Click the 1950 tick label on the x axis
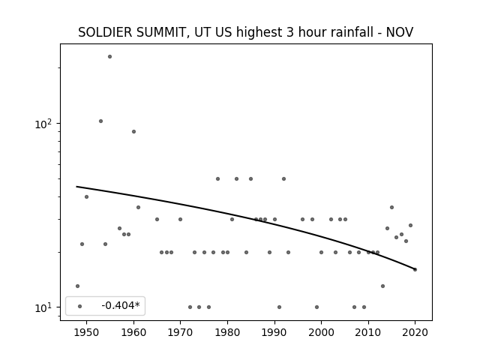[x=86, y=332]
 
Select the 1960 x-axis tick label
[x=133, y=332]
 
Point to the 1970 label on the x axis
[x=180, y=332]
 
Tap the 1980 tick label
[x=227, y=332]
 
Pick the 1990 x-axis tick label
[x=274, y=332]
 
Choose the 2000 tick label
[x=321, y=332]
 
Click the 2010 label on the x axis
[x=368, y=332]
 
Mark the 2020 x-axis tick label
[x=415, y=332]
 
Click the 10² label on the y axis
[x=43, y=124]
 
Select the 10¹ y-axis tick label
[x=43, y=307]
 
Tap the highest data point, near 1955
[x=110, y=57]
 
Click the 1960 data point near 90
[x=133, y=132]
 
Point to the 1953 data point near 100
[x=100, y=121]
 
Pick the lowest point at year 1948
[x=77, y=286]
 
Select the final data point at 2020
[x=415, y=270]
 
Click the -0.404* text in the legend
[x=121, y=305]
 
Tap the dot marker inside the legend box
[x=80, y=307]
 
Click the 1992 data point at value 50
[x=283, y=178]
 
